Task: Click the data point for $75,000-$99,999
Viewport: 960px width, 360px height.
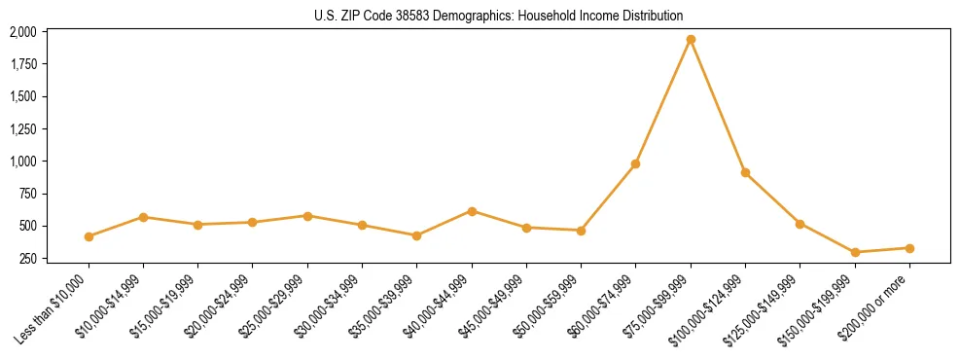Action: click(x=691, y=40)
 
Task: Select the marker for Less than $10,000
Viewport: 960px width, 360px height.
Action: click(x=89, y=236)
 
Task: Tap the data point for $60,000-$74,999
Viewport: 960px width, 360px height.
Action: click(x=635, y=163)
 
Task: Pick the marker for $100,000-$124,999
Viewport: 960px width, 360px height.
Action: click(x=745, y=172)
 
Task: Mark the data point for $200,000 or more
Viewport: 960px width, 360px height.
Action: click(x=909, y=248)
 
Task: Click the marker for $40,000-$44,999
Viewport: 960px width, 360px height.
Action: click(x=472, y=211)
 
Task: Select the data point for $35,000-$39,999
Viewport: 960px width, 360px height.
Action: click(x=416, y=235)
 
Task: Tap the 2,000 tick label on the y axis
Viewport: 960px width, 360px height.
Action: click(x=23, y=32)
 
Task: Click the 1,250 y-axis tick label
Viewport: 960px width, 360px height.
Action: click(x=23, y=129)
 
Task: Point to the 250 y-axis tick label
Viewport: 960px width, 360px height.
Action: click(x=28, y=258)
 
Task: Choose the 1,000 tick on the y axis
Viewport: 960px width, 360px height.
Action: click(x=23, y=162)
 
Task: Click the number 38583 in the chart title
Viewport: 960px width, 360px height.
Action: click(x=406, y=16)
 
